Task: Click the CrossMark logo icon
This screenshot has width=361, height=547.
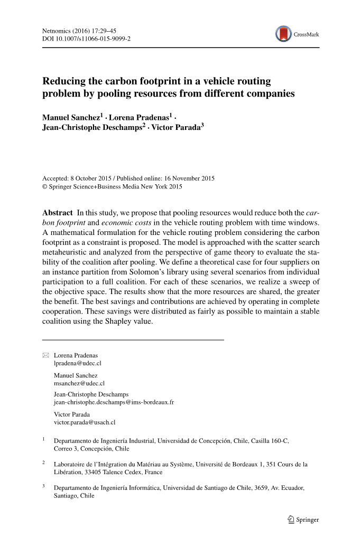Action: (284, 34)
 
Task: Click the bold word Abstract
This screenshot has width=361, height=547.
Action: (57, 212)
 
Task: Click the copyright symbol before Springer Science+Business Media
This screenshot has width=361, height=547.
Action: (44, 186)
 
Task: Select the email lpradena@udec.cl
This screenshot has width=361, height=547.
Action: (77, 363)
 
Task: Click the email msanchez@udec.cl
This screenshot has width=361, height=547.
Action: (79, 383)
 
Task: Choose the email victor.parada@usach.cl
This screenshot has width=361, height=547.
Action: (85, 422)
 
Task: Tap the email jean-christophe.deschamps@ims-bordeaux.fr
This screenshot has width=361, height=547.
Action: (114, 402)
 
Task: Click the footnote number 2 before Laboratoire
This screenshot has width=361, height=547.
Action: (43, 463)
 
